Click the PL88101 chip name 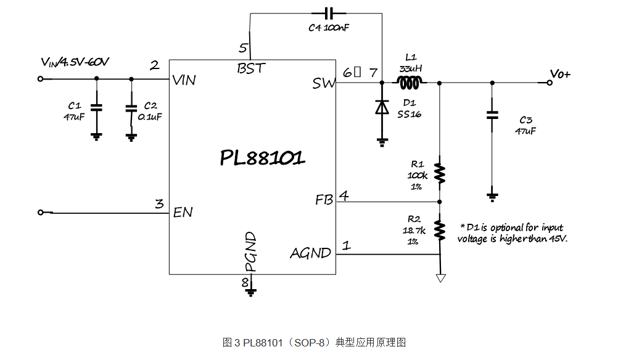[262, 158]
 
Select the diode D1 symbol [382, 107]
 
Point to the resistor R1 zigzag [440, 173]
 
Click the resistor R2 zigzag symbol [440, 229]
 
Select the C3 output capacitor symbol [492, 115]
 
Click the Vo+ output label [561, 75]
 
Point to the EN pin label [183, 212]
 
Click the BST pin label [252, 68]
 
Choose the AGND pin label [310, 253]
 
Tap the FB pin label [324, 200]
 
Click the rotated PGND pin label [250, 252]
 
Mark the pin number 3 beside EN [159, 203]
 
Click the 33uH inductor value [411, 68]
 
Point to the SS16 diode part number [409, 113]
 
